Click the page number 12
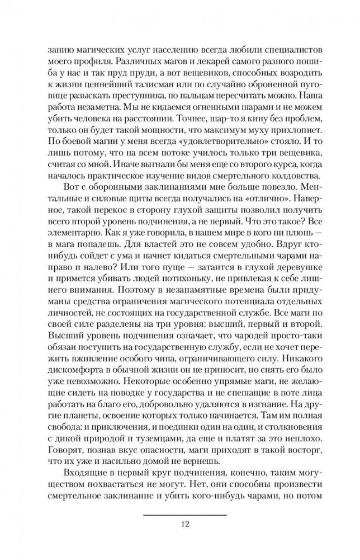point(185,524)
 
